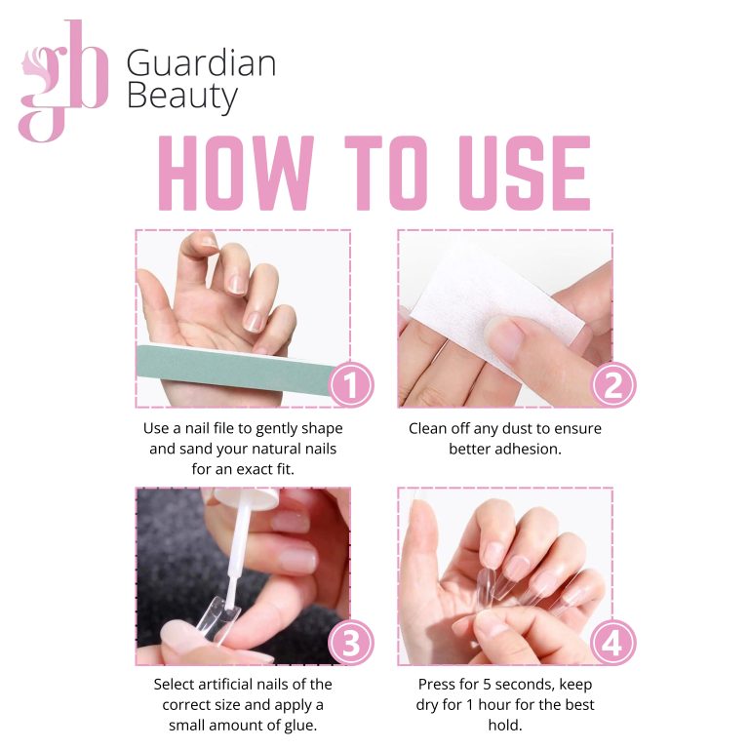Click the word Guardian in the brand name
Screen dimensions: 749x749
tap(201, 63)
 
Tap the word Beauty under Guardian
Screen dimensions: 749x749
tap(182, 97)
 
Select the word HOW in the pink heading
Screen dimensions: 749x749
tap(236, 173)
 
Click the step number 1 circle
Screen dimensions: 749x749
tap(351, 384)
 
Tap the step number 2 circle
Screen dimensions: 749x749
tap(613, 384)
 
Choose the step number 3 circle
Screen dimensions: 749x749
tap(351, 642)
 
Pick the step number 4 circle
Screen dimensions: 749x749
tap(613, 642)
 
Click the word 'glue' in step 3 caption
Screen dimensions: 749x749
tap(300, 726)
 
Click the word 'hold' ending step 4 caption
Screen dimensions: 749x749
tap(505, 726)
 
